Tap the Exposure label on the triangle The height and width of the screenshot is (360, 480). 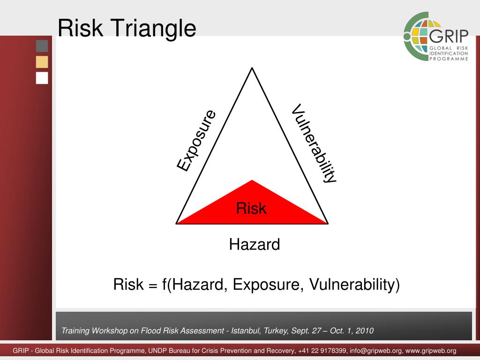coord(196,140)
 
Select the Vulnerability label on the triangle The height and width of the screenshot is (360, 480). coord(314,143)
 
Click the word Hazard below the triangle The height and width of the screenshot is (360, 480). coord(255,244)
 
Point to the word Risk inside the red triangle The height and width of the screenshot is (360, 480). coord(251,208)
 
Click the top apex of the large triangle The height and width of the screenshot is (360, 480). coord(252,68)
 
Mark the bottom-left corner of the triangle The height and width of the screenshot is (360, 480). coord(177,224)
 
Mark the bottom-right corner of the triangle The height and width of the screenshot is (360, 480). coord(328,224)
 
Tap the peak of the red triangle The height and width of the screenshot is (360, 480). coord(252,180)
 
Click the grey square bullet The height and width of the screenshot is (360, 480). coord(42,46)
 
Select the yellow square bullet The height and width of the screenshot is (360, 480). coord(42,62)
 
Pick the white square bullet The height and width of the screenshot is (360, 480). coord(42,78)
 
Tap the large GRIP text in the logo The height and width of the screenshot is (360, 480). coord(449,37)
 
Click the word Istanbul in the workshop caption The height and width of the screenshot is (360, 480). coord(246,330)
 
